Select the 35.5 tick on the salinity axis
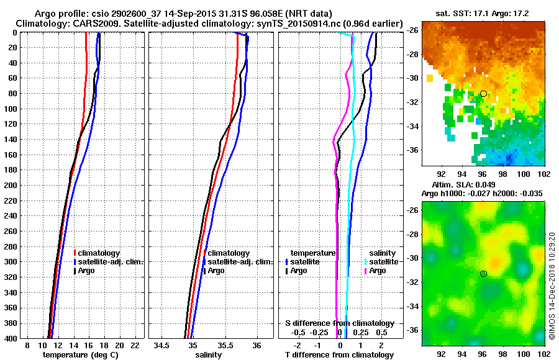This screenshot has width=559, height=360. tap(225, 345)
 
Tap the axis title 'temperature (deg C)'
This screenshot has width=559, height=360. tap(80, 355)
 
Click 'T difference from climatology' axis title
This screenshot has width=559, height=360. tap(339, 355)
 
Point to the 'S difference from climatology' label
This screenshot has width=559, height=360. tap(339, 323)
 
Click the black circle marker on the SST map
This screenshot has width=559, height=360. tap(483, 94)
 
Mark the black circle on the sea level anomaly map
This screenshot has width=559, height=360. tap(483, 273)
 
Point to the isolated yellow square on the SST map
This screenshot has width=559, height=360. tap(430, 78)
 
